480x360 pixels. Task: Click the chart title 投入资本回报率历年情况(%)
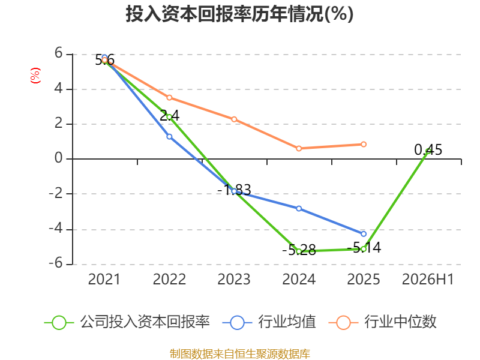click(239, 14)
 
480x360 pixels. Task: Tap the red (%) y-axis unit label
click(35, 76)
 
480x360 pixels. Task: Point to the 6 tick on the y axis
click(58, 53)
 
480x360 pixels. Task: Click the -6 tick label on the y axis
click(56, 263)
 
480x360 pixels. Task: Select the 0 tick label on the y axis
click(58, 158)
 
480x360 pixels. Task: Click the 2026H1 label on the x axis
click(428, 279)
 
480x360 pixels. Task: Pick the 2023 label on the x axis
click(234, 279)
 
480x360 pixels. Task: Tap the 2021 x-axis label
click(104, 279)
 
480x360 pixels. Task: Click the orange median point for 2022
click(169, 98)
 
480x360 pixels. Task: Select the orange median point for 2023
click(234, 119)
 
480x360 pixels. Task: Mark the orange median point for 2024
click(299, 148)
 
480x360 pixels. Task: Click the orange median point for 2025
click(364, 144)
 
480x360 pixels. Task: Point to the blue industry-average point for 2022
click(169, 137)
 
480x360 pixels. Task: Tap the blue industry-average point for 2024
click(299, 208)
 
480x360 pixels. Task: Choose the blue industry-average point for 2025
click(364, 234)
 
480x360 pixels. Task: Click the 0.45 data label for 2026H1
click(428, 149)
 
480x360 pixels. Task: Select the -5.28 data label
click(299, 250)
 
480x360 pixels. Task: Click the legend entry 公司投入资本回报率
click(127, 322)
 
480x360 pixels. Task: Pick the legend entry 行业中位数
click(382, 322)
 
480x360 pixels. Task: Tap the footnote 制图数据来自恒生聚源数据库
click(239, 354)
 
